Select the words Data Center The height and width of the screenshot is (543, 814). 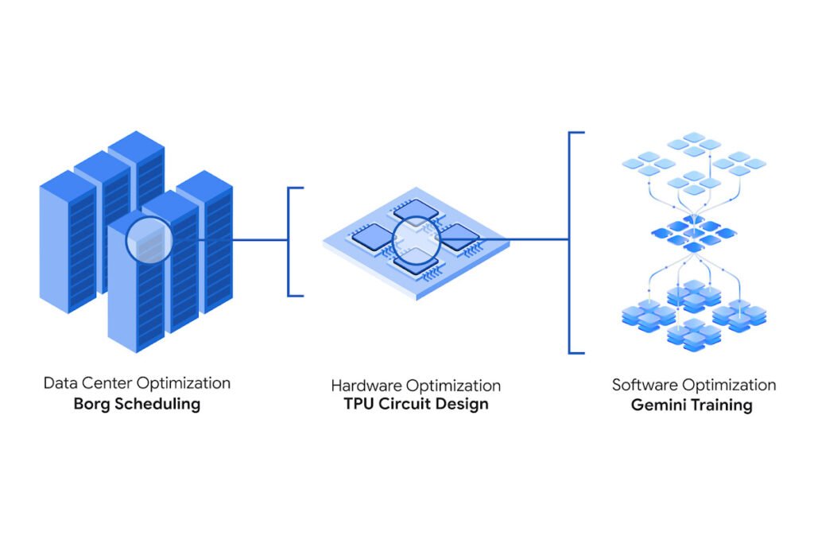tap(82, 383)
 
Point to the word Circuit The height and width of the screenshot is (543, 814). tap(408, 404)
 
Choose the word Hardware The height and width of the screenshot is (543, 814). tap(366, 386)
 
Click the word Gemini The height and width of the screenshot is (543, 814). tap(660, 405)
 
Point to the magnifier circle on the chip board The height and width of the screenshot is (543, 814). tap(416, 239)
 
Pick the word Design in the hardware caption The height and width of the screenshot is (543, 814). tap(461, 405)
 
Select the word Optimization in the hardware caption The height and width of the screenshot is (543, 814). tap(453, 386)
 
